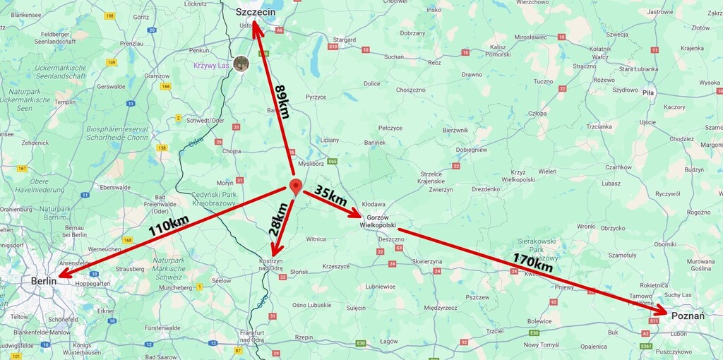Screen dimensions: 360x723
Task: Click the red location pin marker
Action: (296, 186)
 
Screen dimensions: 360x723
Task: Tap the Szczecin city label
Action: (255, 11)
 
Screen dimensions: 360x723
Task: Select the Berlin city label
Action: (44, 281)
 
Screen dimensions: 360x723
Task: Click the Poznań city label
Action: (688, 316)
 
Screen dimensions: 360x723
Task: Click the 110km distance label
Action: (168, 226)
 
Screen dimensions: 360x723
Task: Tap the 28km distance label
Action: (278, 220)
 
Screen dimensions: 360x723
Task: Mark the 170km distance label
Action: (532, 262)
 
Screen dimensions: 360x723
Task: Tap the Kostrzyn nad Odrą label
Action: (270, 265)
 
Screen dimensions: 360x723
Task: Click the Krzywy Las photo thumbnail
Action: (241, 64)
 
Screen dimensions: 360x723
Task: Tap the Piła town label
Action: (648, 92)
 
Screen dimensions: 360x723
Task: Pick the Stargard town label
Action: (344, 40)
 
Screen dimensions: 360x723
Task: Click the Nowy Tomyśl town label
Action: (542, 344)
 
